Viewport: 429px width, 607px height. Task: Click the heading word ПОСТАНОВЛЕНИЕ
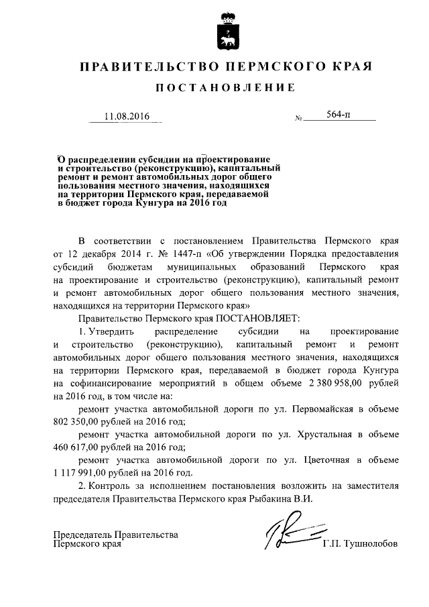(x=225, y=88)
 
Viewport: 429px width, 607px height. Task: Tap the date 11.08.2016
(x=126, y=116)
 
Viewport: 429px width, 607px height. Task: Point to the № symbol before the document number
(x=298, y=119)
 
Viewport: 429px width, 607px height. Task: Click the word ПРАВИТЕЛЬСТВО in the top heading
(x=149, y=67)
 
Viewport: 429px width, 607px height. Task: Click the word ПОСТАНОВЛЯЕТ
(x=259, y=317)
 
